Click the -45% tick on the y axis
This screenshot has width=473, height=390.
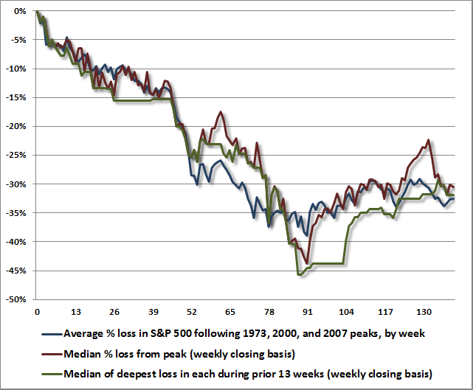(19, 271)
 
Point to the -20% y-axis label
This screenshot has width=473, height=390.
(19, 126)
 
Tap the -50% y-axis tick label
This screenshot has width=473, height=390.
(19, 299)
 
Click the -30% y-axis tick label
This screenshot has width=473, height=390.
(19, 184)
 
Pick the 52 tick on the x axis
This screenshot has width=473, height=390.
(192, 311)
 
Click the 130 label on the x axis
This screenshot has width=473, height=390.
(424, 311)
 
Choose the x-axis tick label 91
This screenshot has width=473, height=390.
(308, 311)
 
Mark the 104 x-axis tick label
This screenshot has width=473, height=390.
(346, 311)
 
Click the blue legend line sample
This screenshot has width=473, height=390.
(52, 333)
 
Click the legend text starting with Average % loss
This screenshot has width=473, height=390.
(244, 333)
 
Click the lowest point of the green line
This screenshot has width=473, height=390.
(299, 274)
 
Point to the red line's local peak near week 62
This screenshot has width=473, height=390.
(220, 111)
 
